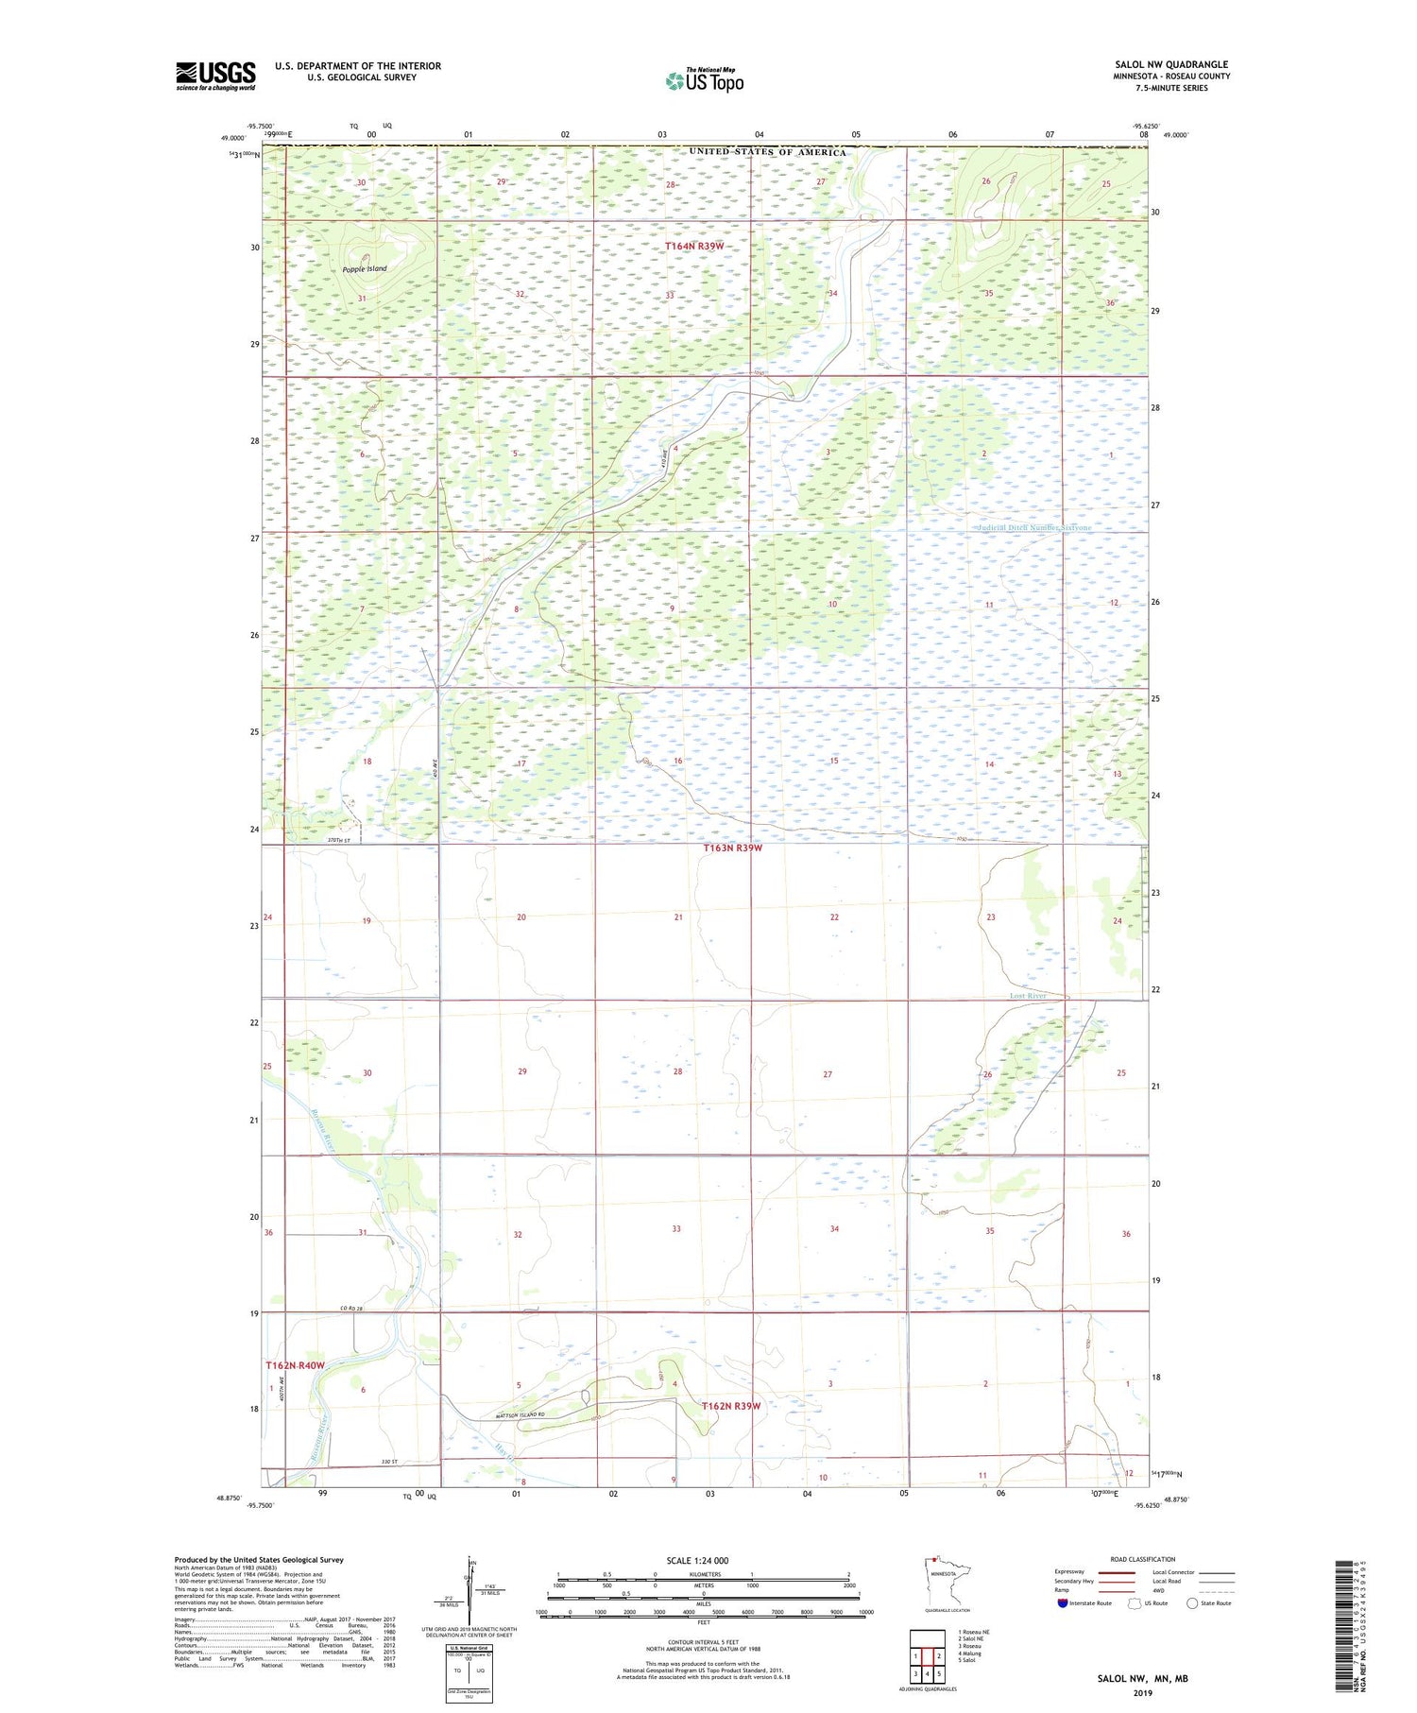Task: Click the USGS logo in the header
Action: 215,76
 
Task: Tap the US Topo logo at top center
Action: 704,80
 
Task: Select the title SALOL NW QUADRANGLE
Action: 1171,64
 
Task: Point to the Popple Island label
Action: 365,269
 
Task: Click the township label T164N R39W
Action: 694,247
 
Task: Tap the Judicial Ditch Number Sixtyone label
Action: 1034,528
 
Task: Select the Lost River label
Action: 1027,996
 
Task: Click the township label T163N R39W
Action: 732,848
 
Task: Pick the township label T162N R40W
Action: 295,1365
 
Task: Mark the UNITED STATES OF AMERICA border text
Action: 768,152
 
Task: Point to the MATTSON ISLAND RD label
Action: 521,1414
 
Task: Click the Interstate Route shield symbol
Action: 1063,1603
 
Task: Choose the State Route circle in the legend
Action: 1192,1603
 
